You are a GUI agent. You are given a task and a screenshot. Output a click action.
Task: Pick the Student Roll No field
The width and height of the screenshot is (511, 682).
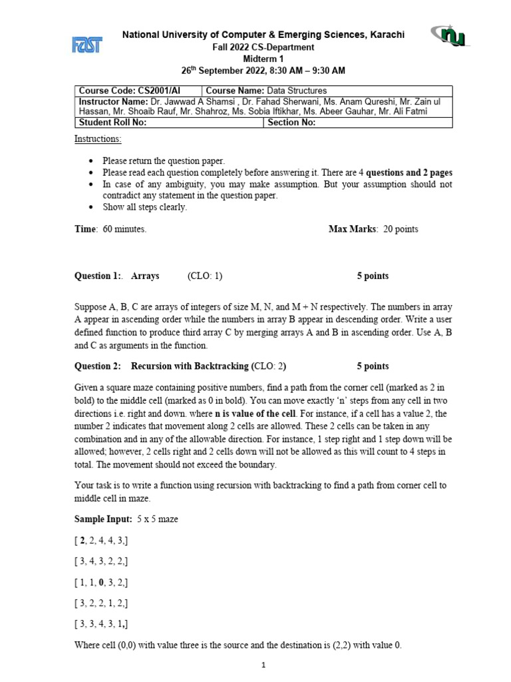(x=170, y=123)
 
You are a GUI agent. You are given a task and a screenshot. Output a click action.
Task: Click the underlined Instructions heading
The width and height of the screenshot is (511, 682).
(x=98, y=139)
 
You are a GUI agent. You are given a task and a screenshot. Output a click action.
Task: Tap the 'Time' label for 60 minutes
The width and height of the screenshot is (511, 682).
(x=85, y=229)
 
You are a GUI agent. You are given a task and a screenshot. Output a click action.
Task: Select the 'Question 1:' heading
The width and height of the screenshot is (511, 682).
(x=98, y=276)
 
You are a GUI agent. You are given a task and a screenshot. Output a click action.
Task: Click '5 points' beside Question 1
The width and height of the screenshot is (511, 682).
(x=373, y=276)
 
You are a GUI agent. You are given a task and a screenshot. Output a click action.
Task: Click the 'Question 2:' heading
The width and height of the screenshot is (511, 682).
(x=98, y=366)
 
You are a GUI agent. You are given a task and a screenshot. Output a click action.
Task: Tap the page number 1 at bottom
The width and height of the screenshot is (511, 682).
(x=263, y=665)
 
